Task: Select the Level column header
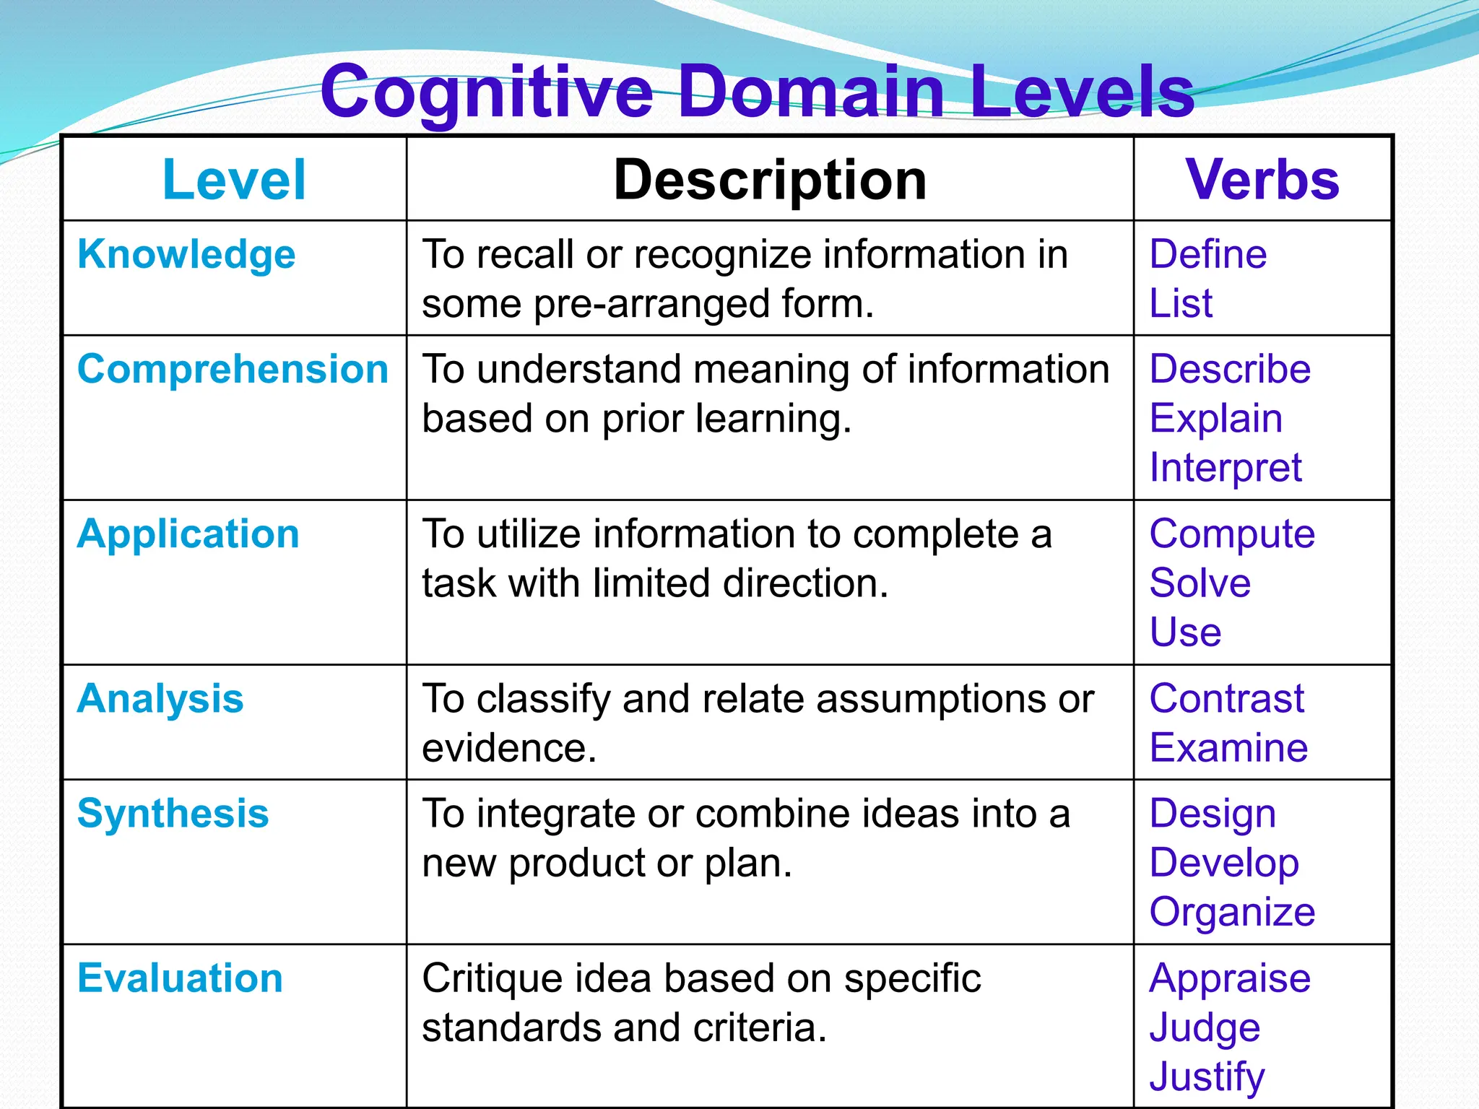pos(234,180)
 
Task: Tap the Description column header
pos(770,180)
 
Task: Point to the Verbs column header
pos(1262,180)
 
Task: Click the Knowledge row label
pos(186,255)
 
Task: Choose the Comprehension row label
pos(233,370)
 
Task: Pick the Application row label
pos(188,535)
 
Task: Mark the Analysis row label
pos(160,699)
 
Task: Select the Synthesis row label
pos(173,814)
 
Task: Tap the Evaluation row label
pos(180,978)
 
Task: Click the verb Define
pos(1207,254)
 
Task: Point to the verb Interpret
pos(1226,468)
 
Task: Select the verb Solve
pos(1200,583)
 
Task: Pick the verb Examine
pos(1228,747)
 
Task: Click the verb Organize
pos(1232,913)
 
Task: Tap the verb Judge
pos(1205,1028)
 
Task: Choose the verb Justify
pos(1207,1077)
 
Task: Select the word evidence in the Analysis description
pos(508,748)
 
